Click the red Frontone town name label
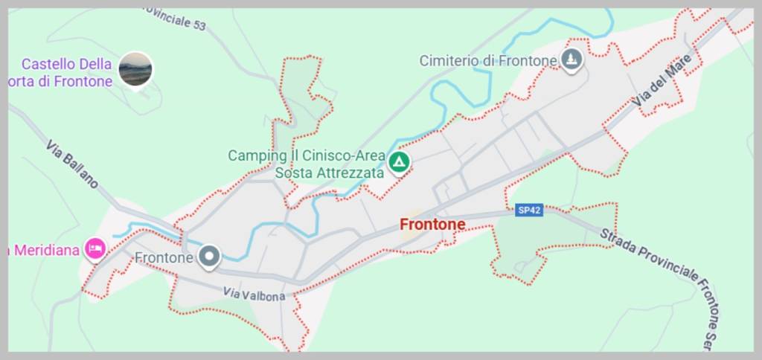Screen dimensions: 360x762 coord(432,224)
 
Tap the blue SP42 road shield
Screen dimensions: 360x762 coord(529,210)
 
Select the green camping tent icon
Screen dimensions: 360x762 coord(400,161)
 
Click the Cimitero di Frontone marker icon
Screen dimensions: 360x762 coord(571,60)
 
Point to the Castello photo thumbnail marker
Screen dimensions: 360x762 coord(135,69)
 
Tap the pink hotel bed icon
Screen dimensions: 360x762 coord(95,248)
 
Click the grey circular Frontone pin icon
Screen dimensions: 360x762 coord(210,257)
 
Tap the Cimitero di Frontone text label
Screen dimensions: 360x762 coord(487,60)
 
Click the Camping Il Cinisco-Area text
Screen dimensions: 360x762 coord(307,156)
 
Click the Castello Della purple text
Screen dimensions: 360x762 coord(66,65)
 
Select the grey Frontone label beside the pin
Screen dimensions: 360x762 coord(164,257)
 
